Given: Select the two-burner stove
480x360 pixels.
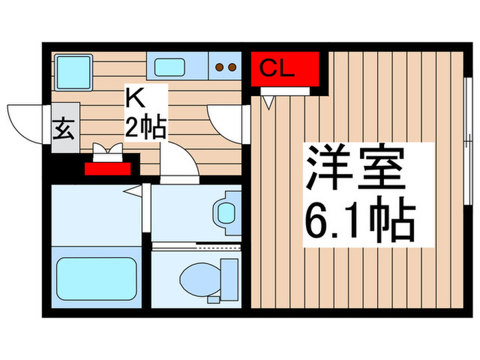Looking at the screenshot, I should point(226,67).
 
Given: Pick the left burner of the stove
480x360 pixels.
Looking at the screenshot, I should point(220,67).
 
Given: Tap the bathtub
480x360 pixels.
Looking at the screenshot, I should point(95,278).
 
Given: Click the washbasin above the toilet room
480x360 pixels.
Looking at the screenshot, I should point(225,213).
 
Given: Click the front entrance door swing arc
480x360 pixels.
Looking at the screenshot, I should point(24,120).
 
